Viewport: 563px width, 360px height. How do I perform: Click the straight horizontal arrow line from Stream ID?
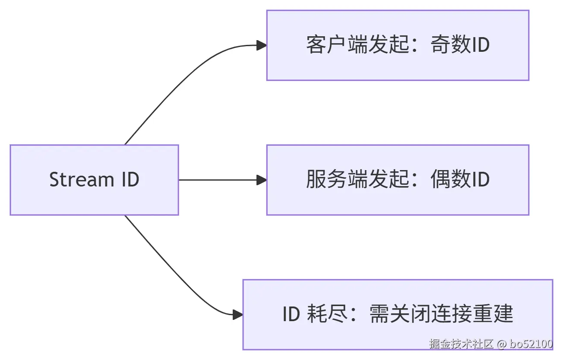coord(216,180)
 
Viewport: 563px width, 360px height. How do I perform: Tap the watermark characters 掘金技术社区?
coord(461,344)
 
